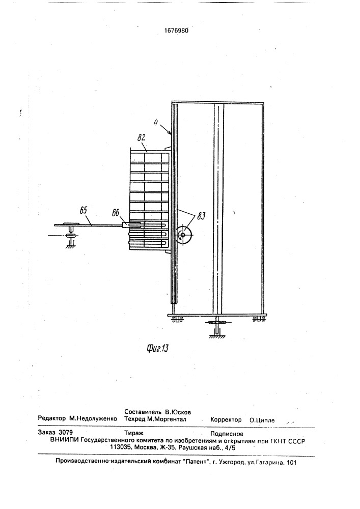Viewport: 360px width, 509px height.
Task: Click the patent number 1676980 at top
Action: click(176, 31)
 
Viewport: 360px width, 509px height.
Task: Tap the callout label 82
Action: click(141, 137)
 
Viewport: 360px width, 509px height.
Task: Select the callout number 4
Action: click(156, 124)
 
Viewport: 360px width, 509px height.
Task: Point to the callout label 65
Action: click(84, 210)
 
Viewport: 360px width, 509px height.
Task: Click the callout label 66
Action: click(116, 213)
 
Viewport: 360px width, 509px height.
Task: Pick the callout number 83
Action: click(201, 216)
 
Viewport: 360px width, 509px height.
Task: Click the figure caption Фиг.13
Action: click(157, 349)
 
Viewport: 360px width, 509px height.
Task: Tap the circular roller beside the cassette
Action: click(183, 235)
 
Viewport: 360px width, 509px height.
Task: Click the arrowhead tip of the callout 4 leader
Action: click(172, 134)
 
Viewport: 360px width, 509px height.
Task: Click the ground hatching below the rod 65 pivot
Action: click(70, 246)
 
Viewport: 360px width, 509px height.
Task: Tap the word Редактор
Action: click(52, 418)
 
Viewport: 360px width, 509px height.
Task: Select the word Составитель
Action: click(143, 412)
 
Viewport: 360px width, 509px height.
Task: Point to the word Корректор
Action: click(226, 419)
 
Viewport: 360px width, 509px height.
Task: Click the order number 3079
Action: click(66, 432)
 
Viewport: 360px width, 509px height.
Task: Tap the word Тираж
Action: click(134, 433)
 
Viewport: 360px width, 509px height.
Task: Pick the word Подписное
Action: click(227, 434)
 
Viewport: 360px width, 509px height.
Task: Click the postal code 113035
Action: click(121, 447)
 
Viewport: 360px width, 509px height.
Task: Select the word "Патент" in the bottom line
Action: click(197, 462)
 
